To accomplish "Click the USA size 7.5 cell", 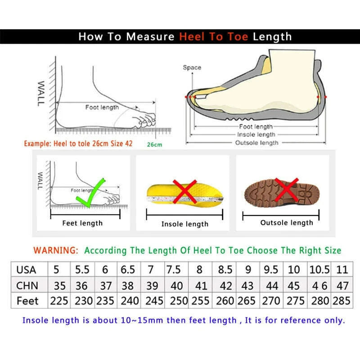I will [174, 270].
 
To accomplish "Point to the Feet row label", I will [27, 301].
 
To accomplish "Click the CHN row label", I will [27, 285].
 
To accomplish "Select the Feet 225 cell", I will [59, 301].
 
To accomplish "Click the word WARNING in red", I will [56, 250].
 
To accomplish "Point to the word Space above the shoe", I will [192, 67].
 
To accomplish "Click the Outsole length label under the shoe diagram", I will [257, 143].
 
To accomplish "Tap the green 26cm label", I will [154, 144].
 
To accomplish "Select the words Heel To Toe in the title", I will [214, 36].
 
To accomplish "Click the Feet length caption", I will [82, 223].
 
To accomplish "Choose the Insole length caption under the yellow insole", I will [185, 224].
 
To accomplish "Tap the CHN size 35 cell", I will [59, 285].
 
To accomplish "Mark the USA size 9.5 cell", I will [271, 270].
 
